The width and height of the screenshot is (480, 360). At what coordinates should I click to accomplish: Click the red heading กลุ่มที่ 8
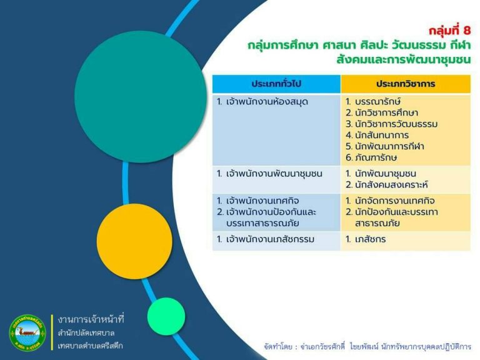(x=449, y=30)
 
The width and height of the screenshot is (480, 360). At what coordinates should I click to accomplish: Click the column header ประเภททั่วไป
(x=276, y=84)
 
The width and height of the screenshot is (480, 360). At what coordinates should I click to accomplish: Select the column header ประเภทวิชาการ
(x=406, y=84)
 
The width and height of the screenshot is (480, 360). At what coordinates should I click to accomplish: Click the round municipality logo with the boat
(x=27, y=332)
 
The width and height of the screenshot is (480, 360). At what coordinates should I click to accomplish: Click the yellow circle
(x=134, y=241)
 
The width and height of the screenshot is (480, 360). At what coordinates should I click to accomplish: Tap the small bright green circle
(x=166, y=316)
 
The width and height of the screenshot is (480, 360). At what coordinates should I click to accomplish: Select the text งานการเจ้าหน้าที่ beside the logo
(x=91, y=319)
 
